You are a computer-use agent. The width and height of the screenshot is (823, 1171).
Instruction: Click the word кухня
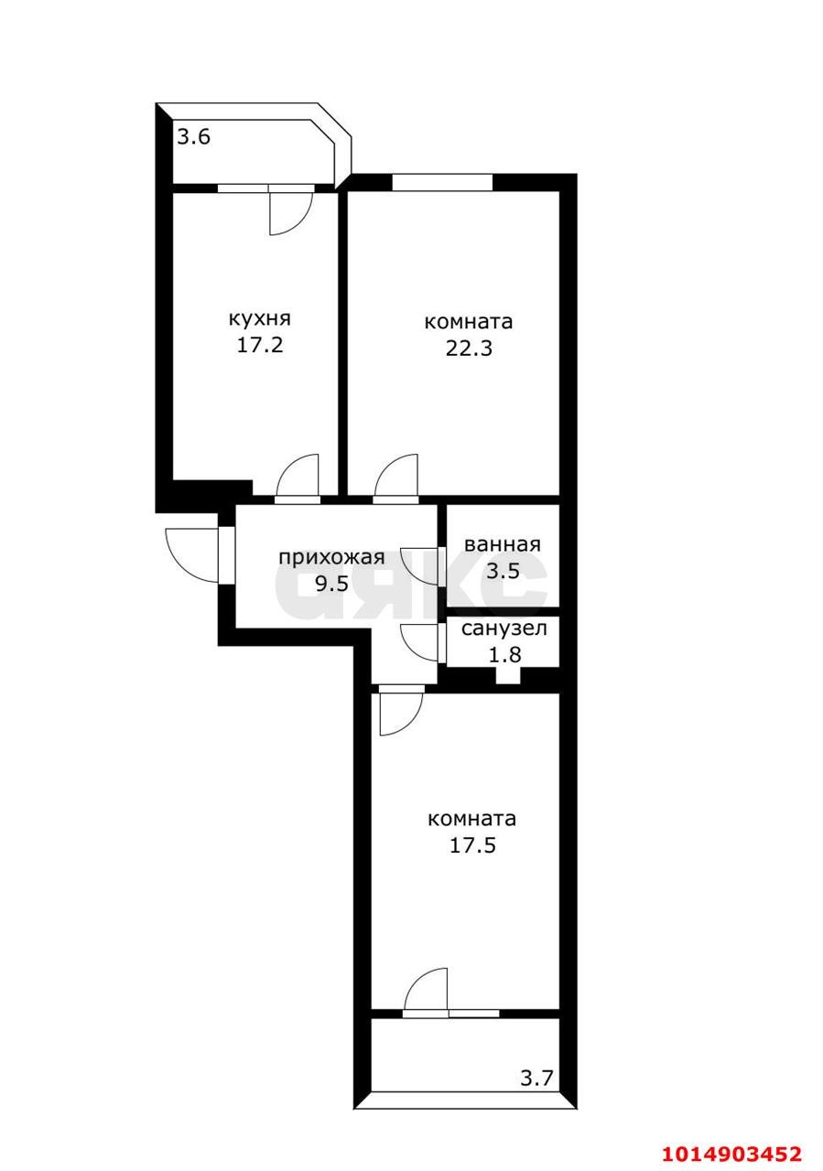click(259, 319)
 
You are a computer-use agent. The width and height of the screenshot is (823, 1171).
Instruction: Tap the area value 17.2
click(259, 346)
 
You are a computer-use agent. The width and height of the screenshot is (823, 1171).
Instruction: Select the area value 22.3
click(468, 348)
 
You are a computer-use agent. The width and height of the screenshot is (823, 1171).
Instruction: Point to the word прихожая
click(331, 557)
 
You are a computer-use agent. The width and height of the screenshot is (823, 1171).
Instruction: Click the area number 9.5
click(331, 584)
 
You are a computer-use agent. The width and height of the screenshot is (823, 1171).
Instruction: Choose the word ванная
click(503, 544)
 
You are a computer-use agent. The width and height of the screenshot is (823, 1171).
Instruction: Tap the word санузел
click(504, 628)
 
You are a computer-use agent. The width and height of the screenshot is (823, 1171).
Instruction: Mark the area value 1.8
click(504, 654)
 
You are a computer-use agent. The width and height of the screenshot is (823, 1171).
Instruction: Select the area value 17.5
click(471, 845)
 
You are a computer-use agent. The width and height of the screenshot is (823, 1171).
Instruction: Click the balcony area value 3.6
click(194, 138)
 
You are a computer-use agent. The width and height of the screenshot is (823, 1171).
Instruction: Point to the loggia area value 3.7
click(537, 1079)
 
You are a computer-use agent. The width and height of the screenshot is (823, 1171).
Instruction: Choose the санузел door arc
click(421, 642)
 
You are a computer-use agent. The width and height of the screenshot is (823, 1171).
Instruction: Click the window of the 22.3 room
click(442, 183)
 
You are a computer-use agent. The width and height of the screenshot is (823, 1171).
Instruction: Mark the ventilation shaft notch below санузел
click(506, 677)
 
